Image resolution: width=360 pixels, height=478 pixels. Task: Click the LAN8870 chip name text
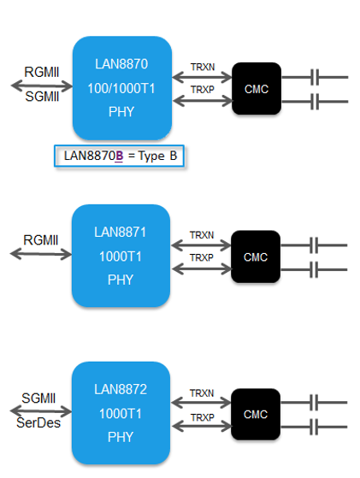[x=121, y=64]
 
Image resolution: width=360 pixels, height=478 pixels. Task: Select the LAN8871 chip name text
[x=120, y=233]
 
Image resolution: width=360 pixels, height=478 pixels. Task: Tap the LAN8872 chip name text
[x=121, y=389]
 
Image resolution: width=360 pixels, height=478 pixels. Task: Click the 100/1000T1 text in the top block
[x=121, y=88]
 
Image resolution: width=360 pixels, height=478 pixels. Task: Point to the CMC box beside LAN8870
[x=257, y=89]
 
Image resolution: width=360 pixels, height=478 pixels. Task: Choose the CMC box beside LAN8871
[x=256, y=257]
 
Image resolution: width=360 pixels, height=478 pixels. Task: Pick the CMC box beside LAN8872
[x=256, y=414]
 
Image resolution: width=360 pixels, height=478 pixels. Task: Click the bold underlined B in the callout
[x=119, y=156]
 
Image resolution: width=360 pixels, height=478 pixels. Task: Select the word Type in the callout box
[x=151, y=156]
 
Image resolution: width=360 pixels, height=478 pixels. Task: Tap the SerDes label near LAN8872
[x=38, y=422]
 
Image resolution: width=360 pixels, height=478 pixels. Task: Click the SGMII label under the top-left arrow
[x=42, y=97]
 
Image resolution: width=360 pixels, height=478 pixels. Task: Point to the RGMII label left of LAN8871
[x=40, y=240]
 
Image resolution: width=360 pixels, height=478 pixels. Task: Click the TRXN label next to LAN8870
[x=203, y=67]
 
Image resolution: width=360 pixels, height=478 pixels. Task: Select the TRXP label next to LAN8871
[x=202, y=258]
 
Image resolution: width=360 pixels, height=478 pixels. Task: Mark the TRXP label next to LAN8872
[x=203, y=417]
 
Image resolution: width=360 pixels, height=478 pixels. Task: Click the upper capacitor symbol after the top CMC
[x=315, y=77]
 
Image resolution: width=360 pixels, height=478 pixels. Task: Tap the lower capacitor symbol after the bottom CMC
[x=314, y=427]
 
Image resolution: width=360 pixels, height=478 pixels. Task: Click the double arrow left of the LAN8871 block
[x=41, y=254]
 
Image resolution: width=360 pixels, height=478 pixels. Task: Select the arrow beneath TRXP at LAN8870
[x=203, y=101]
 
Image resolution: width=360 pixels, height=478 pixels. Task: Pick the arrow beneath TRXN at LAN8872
[x=201, y=403]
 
